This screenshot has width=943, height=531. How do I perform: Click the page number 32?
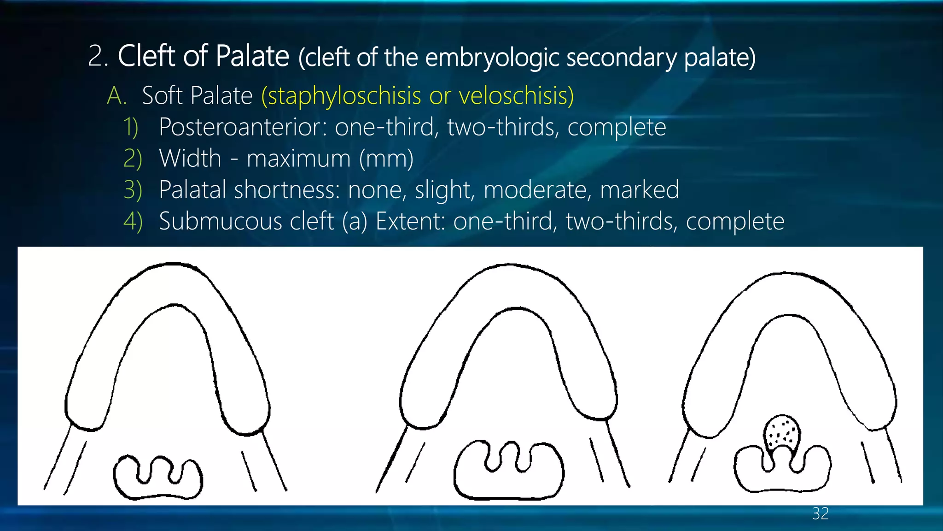click(x=821, y=513)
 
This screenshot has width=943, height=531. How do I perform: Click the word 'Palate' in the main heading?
click(x=252, y=57)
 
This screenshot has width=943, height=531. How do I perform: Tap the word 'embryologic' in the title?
click(x=492, y=58)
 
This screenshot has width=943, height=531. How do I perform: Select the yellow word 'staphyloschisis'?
click(x=341, y=96)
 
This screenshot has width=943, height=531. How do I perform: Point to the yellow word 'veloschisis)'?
click(x=516, y=96)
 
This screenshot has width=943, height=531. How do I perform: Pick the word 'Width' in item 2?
click(x=190, y=159)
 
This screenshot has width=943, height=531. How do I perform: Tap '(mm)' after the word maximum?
click(x=386, y=159)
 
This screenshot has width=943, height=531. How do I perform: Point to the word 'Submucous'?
click(x=246, y=221)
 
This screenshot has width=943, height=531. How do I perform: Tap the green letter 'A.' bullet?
click(x=116, y=96)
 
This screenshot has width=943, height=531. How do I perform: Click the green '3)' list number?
click(x=133, y=190)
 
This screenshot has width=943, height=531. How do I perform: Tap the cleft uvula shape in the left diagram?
click(x=157, y=477)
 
